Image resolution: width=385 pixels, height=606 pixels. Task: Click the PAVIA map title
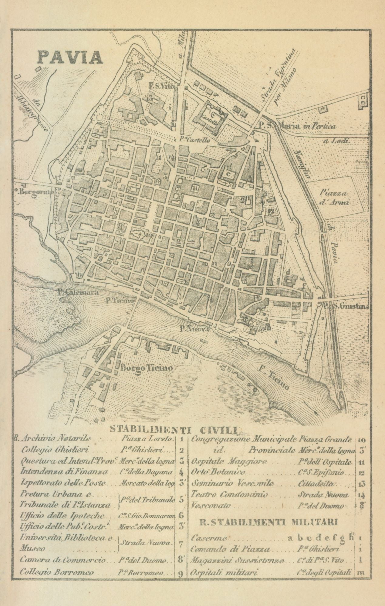click(70, 57)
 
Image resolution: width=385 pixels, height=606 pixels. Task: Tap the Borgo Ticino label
click(147, 368)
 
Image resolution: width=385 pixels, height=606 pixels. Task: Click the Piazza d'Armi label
click(335, 198)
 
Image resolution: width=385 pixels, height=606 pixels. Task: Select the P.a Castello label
click(194, 140)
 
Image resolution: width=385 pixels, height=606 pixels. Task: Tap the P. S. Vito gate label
click(161, 86)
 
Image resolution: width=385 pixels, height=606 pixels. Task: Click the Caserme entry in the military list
click(209, 539)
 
